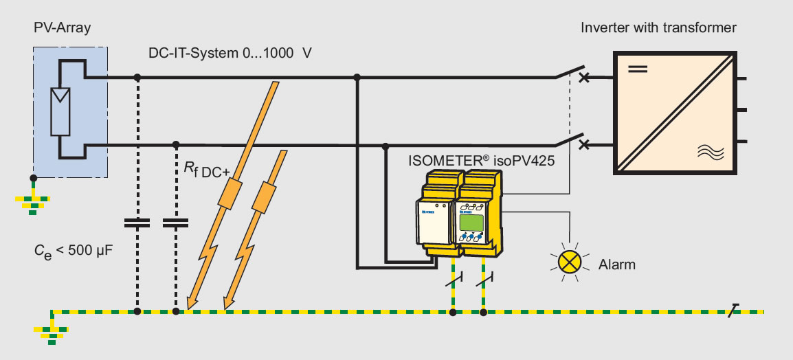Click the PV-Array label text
pyautogui.click(x=62, y=27)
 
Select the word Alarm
pyautogui.click(x=617, y=264)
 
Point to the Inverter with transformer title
pyautogui.click(x=658, y=28)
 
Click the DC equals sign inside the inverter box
pyautogui.click(x=639, y=69)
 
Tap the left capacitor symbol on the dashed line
pyautogui.click(x=137, y=222)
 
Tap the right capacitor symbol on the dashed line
pyautogui.click(x=176, y=222)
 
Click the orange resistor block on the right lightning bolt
pyautogui.click(x=262, y=199)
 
